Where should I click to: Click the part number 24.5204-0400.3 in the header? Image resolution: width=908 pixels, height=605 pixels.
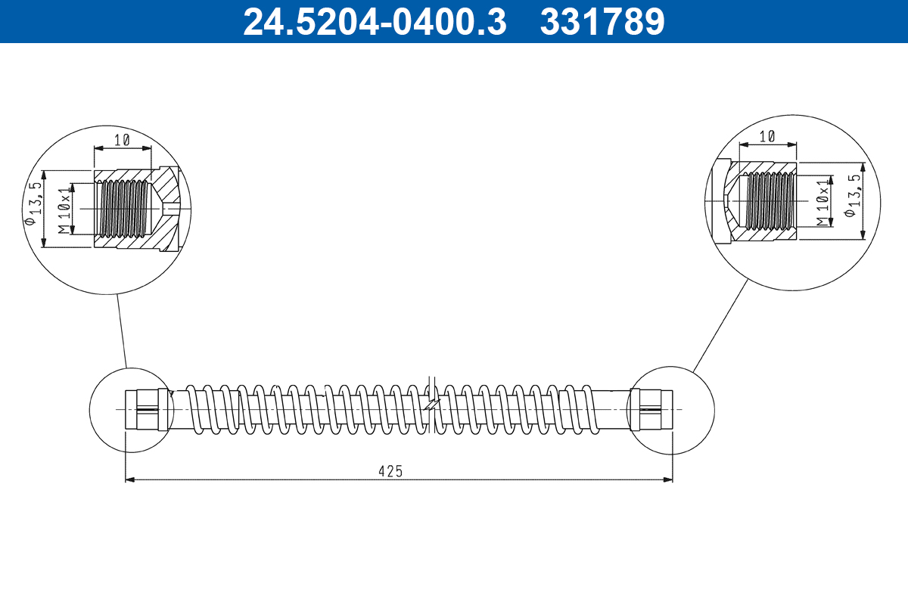coord(374,22)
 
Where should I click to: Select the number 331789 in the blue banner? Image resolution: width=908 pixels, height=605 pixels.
coord(602,22)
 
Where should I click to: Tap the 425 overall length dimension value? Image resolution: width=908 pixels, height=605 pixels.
coord(390,470)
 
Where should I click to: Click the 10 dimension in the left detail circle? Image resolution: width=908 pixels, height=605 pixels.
coord(123,139)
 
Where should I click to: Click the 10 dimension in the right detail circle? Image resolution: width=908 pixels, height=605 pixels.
coord(767,135)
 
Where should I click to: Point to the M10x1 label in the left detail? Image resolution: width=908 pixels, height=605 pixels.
coord(65,208)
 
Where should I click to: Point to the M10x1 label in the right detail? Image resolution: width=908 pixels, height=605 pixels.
coord(822,202)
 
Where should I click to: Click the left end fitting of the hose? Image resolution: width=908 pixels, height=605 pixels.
coord(146,409)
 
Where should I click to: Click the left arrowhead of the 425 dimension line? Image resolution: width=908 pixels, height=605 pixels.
coord(130,479)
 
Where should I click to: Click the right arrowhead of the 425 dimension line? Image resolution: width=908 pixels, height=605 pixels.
coord(667,479)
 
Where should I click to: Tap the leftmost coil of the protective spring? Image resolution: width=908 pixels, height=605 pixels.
coord(193,411)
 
